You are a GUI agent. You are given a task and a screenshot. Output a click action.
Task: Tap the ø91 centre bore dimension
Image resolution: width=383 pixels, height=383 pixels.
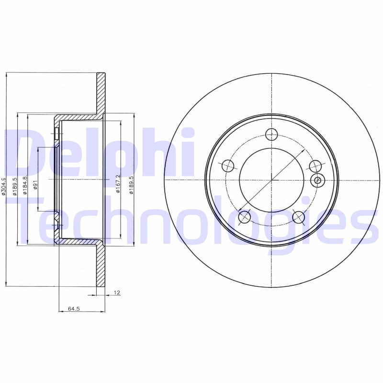tap(36, 185)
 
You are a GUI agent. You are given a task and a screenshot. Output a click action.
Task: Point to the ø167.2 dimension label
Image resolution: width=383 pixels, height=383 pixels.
tap(118, 184)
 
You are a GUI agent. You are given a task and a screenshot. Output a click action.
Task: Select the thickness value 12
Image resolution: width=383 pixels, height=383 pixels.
tap(116, 292)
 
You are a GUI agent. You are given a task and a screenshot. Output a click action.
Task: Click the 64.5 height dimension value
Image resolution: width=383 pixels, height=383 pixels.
tap(73, 309)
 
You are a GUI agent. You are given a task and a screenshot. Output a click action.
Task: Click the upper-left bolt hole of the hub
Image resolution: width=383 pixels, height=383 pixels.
tap(228, 166)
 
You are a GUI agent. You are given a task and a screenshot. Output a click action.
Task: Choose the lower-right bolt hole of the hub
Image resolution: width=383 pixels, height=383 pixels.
tap(299, 217)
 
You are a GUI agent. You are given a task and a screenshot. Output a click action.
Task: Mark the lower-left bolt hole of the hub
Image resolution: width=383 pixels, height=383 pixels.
tap(245, 217)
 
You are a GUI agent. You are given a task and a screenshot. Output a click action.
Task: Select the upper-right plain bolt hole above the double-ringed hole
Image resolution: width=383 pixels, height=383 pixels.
tap(315, 166)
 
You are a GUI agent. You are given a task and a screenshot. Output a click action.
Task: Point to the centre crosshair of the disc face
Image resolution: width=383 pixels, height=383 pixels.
tap(271, 180)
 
